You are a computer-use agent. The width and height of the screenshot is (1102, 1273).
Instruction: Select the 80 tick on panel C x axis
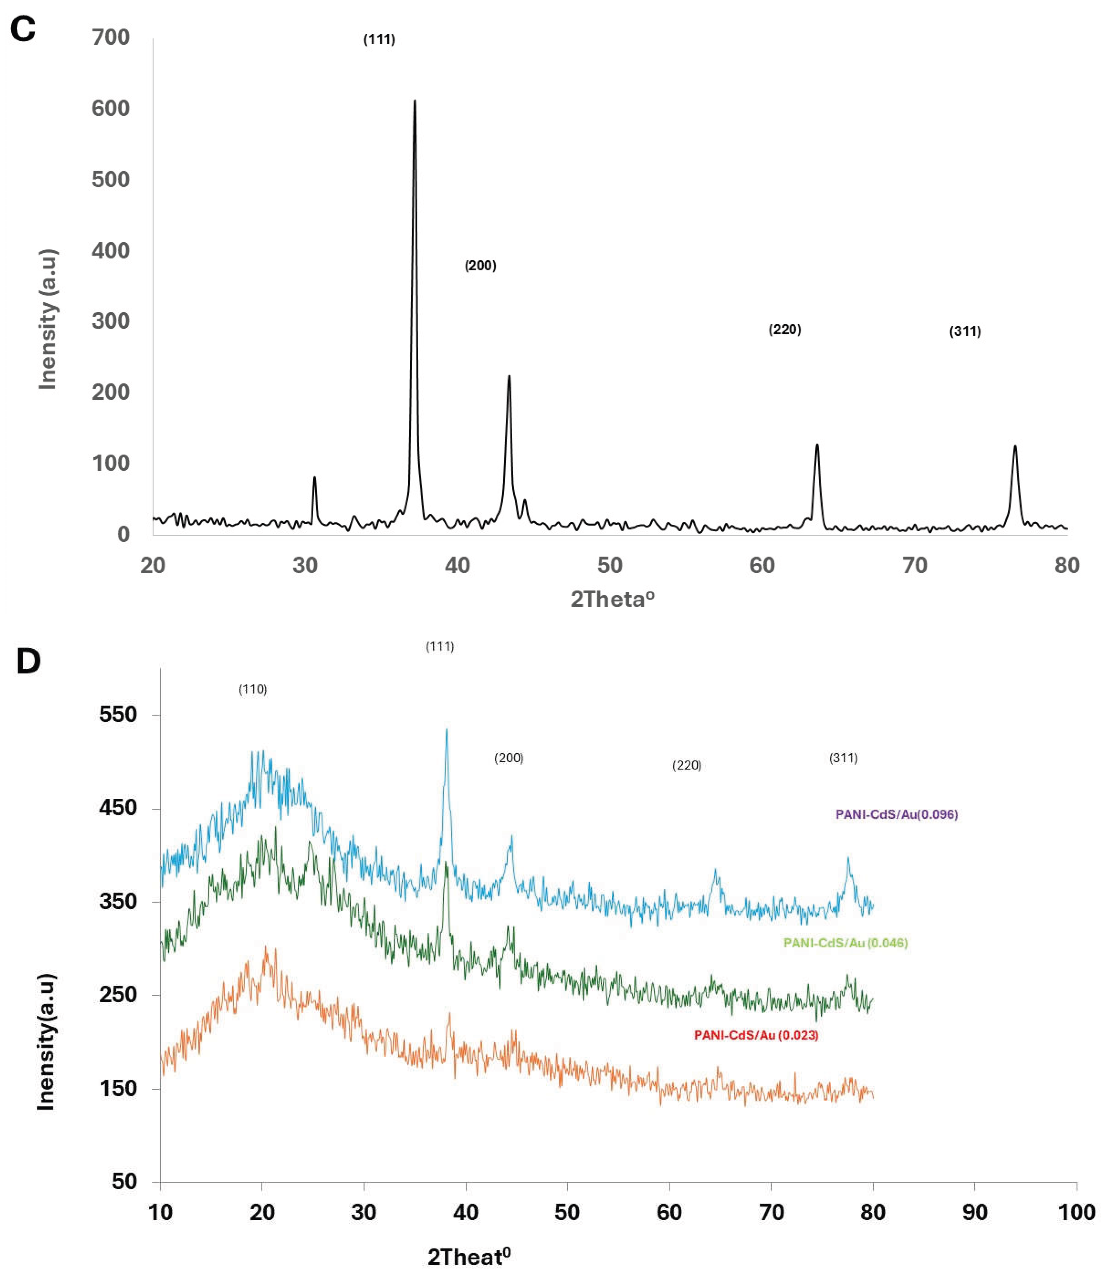click(1067, 565)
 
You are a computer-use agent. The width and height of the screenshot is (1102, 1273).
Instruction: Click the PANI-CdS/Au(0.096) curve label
click(897, 814)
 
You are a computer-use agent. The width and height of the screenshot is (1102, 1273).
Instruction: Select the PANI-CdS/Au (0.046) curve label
click(846, 943)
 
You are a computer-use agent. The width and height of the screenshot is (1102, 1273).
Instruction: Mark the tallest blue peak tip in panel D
click(447, 730)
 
